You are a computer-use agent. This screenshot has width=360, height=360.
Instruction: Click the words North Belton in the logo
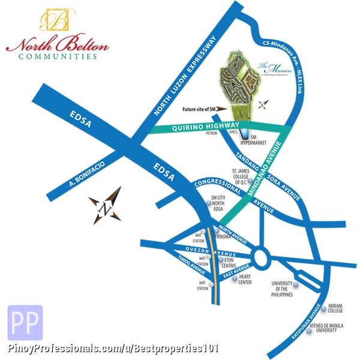point(58,45)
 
